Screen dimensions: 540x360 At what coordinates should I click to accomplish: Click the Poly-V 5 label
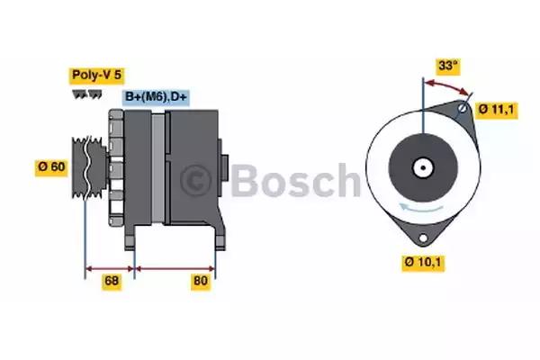coord(97,75)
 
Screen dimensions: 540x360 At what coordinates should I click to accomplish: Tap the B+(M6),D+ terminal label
coord(156,97)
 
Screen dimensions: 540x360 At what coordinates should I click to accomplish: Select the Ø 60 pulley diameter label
coord(51,167)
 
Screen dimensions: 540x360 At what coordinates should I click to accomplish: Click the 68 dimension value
coord(112,281)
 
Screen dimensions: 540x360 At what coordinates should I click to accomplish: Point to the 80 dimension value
coord(201,281)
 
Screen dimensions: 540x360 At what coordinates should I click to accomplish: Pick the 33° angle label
coord(448,66)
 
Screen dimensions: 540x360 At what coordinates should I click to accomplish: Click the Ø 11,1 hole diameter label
coord(496,110)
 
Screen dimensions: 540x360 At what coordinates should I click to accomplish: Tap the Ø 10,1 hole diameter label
coord(423,263)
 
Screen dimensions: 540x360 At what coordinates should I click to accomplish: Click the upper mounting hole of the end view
coord(463,109)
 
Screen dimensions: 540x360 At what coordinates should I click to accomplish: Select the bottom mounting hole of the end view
coord(423,238)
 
